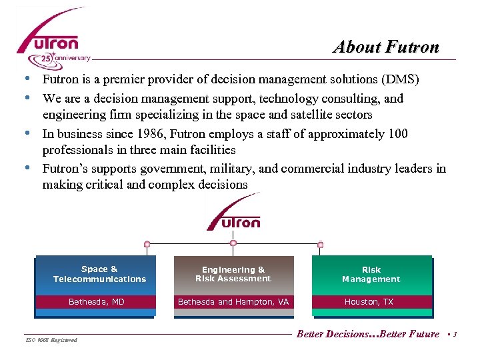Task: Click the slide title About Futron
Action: [386, 47]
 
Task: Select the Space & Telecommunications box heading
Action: [99, 274]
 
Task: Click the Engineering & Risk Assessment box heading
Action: [233, 274]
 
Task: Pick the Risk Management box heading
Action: [371, 274]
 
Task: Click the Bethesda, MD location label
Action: [97, 302]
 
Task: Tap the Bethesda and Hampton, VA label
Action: [233, 302]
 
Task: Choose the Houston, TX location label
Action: [369, 302]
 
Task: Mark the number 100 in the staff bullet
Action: [397, 133]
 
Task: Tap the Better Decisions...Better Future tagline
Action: [368, 333]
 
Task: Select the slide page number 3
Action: [454, 334]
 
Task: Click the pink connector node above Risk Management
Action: [320, 245]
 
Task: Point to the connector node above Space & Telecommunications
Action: [147, 245]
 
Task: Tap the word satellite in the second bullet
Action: [312, 115]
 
